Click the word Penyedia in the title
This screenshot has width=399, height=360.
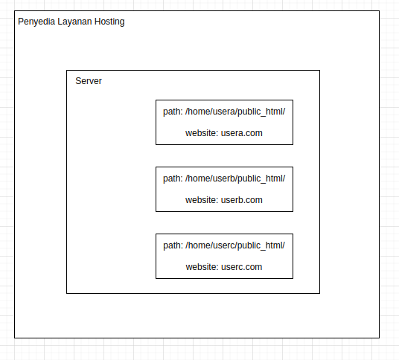tap(36, 22)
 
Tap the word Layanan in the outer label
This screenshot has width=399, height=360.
tap(74, 22)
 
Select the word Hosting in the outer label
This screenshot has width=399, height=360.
tap(109, 22)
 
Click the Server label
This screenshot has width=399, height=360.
tap(89, 81)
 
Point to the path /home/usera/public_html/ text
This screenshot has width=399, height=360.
tap(235, 112)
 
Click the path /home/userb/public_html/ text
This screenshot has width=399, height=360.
tap(235, 179)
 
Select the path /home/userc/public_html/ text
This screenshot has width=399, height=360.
tap(235, 245)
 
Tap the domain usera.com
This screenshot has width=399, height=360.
tap(241, 133)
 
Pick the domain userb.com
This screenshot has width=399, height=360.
tap(241, 200)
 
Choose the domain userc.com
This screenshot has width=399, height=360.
tap(241, 267)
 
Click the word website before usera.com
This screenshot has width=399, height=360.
tap(202, 133)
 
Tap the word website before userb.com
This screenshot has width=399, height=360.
tap(202, 200)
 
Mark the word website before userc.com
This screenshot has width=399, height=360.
tap(202, 267)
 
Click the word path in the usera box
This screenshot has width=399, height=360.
tap(173, 112)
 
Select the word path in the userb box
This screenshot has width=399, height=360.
tap(173, 179)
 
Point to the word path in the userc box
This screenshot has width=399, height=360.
tap(173, 246)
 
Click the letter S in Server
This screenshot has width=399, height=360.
tap(78, 81)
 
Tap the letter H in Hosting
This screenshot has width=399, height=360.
tap(98, 22)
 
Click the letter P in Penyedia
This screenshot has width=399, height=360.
tap(21, 22)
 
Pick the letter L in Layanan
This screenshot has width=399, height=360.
tap(60, 22)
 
